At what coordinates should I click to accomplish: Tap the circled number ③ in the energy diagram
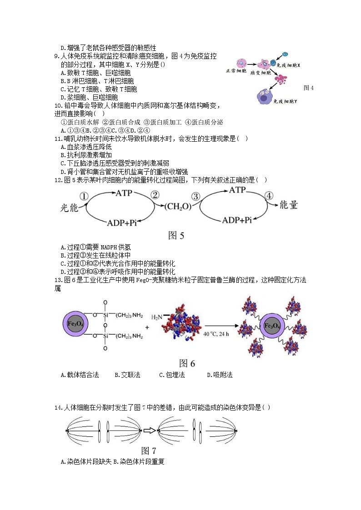(x=196, y=196)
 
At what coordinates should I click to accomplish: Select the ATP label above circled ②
(x=124, y=193)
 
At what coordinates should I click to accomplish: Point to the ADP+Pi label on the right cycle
(x=236, y=221)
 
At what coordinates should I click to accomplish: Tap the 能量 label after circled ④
(x=288, y=205)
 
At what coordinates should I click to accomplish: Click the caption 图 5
(x=176, y=235)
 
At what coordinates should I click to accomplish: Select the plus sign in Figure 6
(x=147, y=327)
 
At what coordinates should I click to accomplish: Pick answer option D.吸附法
(x=220, y=375)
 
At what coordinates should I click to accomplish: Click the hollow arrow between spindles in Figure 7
(x=149, y=431)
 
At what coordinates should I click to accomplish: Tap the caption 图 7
(x=149, y=451)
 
